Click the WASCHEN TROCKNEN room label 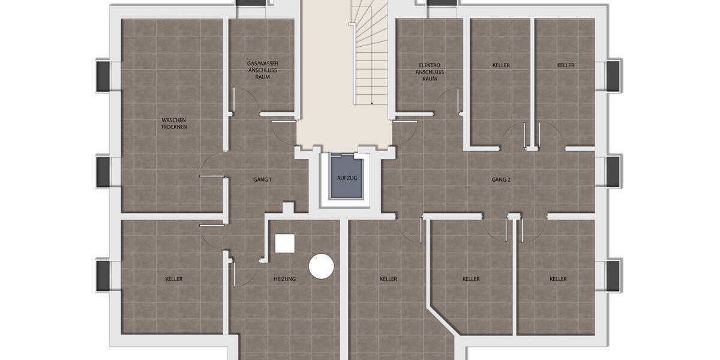(173, 124)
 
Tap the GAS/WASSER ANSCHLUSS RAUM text (262, 70)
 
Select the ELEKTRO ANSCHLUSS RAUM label (430, 71)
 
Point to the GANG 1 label (262, 179)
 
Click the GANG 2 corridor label (501, 179)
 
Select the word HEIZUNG (284, 279)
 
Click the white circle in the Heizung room (321, 266)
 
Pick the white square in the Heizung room (284, 243)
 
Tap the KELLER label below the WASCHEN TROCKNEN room (173, 279)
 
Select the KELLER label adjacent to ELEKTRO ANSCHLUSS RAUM (501, 65)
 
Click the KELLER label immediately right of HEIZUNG (388, 279)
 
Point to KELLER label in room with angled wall (471, 279)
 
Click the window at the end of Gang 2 (613, 172)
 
